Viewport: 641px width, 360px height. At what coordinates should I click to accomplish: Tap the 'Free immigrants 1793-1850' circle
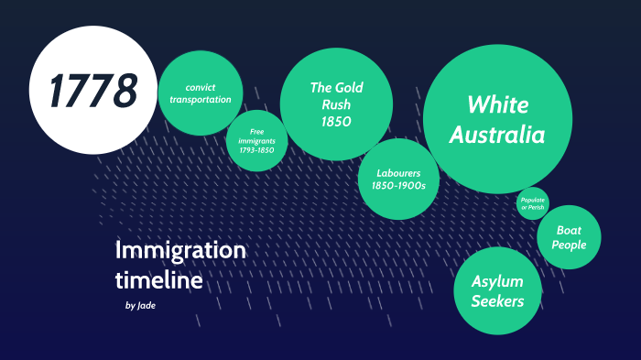257,141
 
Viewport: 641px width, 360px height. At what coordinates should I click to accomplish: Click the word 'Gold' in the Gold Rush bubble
348,88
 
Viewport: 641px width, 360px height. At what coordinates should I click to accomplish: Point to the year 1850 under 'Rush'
336,121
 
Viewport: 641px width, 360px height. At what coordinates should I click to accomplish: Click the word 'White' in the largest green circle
497,104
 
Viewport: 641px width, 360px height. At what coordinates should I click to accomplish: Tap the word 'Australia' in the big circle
497,136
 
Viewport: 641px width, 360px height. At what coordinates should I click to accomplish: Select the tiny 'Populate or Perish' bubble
532,203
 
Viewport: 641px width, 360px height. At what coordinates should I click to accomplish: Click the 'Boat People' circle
569,237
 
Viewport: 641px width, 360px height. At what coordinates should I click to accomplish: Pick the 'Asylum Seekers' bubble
497,290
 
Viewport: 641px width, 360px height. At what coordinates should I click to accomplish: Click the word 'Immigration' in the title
180,250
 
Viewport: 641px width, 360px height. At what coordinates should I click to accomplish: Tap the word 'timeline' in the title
158,280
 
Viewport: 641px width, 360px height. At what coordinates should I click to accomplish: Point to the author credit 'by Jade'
140,305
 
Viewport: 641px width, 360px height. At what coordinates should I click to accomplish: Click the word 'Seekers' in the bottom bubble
497,301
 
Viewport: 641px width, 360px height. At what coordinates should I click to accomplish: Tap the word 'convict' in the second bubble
201,87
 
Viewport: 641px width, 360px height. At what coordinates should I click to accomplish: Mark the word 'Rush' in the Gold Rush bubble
336,104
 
